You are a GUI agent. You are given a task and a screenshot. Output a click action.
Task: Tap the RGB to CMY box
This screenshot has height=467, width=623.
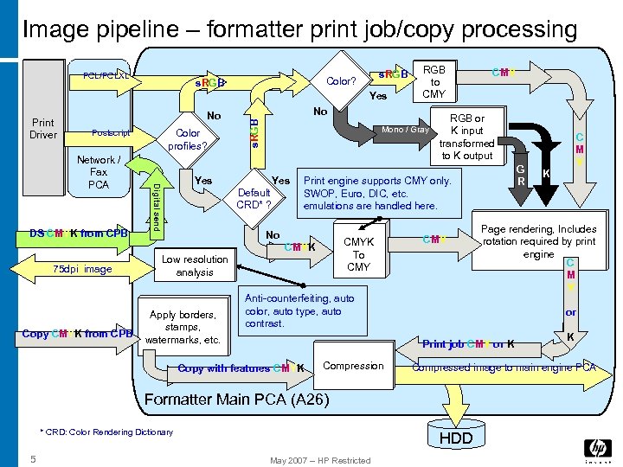(434, 81)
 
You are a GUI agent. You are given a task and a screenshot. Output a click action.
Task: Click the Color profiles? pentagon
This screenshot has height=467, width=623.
(188, 138)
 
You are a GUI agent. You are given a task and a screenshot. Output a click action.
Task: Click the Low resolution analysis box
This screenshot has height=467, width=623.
(195, 265)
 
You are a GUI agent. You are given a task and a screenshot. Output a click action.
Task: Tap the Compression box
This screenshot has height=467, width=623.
(352, 366)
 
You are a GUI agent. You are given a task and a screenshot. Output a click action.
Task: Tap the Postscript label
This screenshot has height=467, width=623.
(112, 132)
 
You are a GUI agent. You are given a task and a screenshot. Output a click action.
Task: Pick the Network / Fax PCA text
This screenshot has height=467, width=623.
(99, 172)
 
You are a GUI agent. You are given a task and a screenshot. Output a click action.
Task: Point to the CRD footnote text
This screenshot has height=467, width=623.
(106, 432)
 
